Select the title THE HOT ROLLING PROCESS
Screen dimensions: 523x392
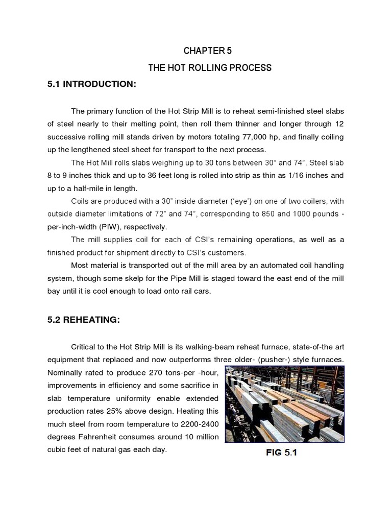point(210,67)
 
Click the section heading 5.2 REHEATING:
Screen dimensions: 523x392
point(84,320)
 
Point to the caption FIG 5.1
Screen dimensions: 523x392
point(281,452)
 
